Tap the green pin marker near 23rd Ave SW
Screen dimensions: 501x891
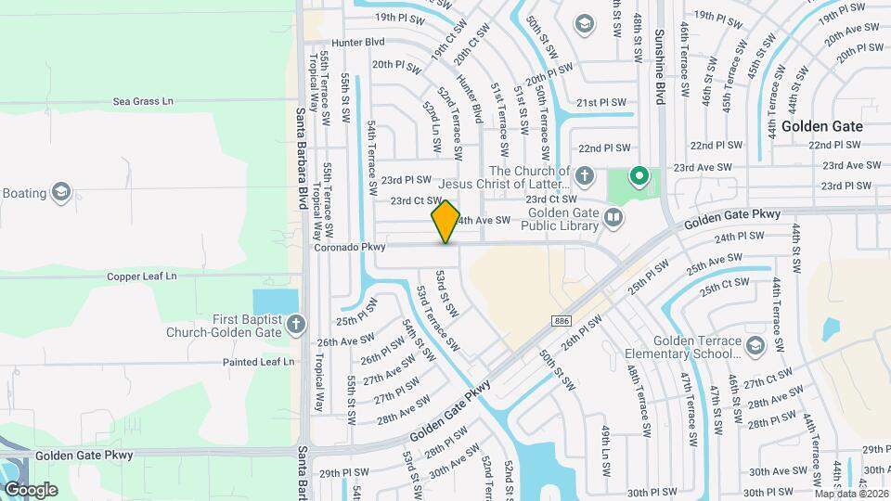639,174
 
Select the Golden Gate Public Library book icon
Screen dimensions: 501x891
613,218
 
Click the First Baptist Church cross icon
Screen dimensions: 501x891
295,325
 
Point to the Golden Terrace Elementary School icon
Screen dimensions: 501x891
755,345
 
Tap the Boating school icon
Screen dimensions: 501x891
61,193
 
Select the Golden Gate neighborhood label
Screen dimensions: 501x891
821,126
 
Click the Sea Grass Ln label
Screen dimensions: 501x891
143,101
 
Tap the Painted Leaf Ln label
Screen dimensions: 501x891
252,362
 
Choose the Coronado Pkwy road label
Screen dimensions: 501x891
349,248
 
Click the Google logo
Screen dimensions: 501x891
31,489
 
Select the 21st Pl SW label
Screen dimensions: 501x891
601,103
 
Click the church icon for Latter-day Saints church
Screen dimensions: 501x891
584,174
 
